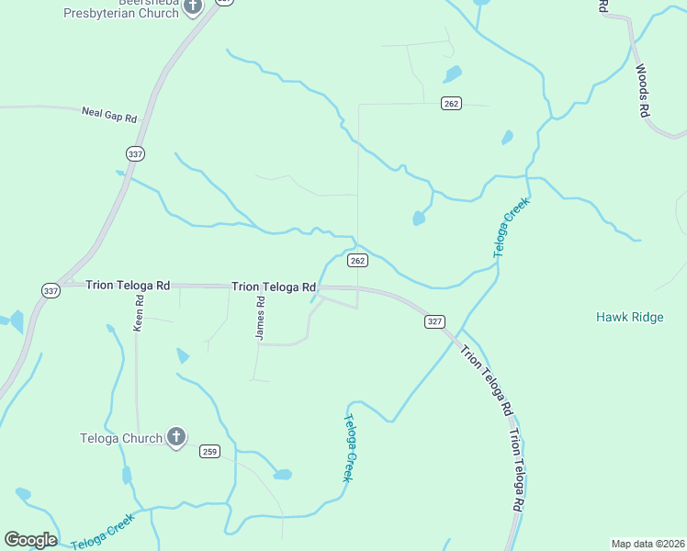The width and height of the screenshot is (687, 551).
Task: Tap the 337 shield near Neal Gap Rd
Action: click(x=136, y=153)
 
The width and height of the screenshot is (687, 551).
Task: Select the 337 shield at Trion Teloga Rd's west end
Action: click(x=50, y=290)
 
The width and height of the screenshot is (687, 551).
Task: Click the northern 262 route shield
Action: click(x=450, y=103)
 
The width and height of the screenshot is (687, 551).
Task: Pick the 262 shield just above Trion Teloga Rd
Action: click(x=358, y=261)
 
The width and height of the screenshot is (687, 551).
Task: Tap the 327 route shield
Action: click(x=435, y=321)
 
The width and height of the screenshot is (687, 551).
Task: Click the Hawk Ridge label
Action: click(x=629, y=317)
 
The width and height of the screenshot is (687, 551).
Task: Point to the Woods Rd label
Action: click(x=643, y=89)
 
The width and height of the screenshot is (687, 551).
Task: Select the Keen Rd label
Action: click(x=140, y=313)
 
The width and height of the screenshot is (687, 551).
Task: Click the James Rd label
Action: click(x=261, y=319)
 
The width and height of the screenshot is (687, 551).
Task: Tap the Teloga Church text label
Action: click(x=120, y=438)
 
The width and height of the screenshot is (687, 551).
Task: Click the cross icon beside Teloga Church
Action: click(x=176, y=438)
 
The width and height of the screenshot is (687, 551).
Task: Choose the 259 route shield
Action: click(x=210, y=451)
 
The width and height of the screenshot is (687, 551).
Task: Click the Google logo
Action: click(x=30, y=540)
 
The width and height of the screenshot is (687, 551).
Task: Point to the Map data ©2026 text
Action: click(x=648, y=544)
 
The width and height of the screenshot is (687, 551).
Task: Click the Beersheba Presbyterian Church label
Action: click(x=120, y=9)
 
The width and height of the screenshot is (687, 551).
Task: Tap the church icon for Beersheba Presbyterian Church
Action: click(x=192, y=7)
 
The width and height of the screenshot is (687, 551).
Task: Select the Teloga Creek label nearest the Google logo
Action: click(x=104, y=530)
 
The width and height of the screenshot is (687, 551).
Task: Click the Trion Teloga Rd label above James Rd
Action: click(x=274, y=287)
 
